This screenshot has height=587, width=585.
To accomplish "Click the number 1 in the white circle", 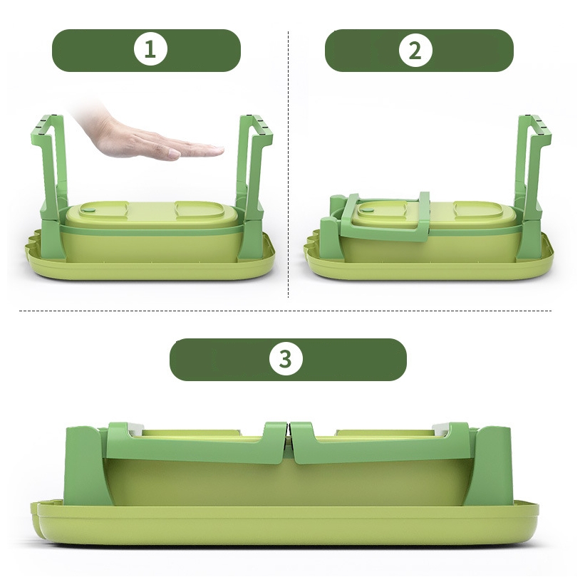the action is (x=150, y=49).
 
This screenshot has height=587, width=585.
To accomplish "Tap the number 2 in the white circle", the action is (x=415, y=51).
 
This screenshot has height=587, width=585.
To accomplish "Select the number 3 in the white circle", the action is (x=285, y=359).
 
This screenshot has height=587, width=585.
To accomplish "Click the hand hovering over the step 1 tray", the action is (x=150, y=133).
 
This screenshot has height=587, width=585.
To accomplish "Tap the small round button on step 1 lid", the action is (x=89, y=210).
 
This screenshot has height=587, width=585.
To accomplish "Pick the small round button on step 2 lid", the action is (x=368, y=210).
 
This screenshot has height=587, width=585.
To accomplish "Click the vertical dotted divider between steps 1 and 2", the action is (x=288, y=165).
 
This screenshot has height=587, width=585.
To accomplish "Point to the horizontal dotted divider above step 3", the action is (x=286, y=311).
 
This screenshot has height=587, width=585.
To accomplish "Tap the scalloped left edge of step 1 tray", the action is (x=33, y=244).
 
